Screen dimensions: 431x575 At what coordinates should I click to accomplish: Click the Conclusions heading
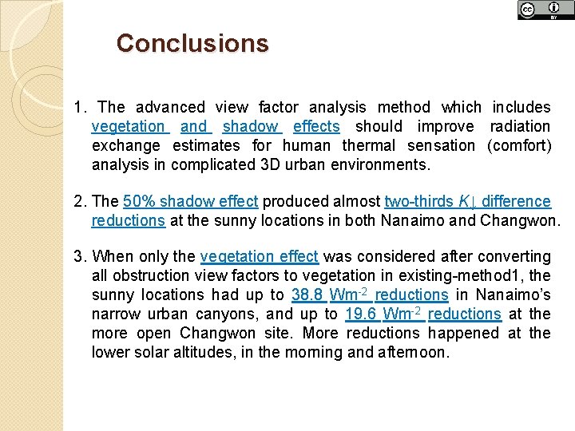click(x=192, y=43)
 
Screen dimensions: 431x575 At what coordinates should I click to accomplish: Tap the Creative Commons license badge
click(x=545, y=10)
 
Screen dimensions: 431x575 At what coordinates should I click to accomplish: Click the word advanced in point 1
click(x=169, y=107)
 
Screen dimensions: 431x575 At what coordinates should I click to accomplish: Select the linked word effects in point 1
click(x=316, y=126)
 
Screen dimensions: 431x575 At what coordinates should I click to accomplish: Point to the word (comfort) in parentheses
click(x=518, y=145)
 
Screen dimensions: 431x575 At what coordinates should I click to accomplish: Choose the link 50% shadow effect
click(x=192, y=201)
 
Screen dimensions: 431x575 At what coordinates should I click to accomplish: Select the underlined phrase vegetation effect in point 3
click(x=260, y=256)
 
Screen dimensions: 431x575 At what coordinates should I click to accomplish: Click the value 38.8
click(x=307, y=295)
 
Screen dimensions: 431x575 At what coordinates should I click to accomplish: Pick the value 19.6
click(x=361, y=314)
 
